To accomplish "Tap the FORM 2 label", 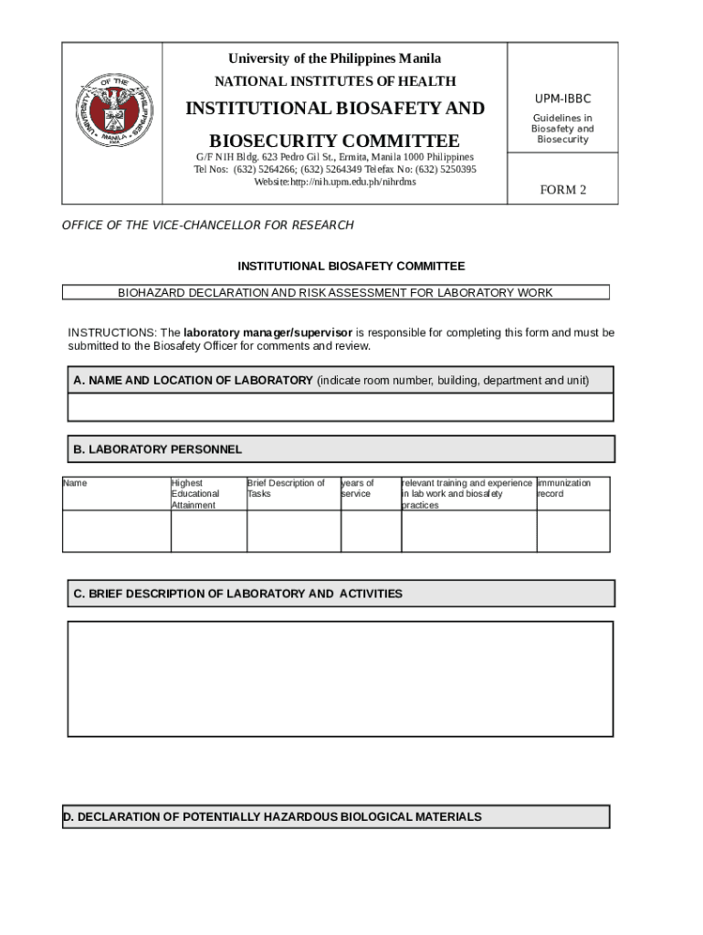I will click(563, 190).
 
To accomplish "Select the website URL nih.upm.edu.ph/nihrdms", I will click(334, 182).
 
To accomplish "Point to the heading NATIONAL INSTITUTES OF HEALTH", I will click(335, 81).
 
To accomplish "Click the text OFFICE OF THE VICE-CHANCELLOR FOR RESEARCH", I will click(207, 226).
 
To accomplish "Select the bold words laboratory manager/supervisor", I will click(268, 332).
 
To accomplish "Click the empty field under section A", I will click(340, 407).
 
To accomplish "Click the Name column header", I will click(75, 483).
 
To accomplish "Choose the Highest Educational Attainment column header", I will click(195, 494).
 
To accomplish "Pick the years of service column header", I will click(357, 489).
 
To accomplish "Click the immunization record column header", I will click(563, 489).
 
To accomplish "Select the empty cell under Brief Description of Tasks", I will click(293, 531).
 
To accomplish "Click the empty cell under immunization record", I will click(572, 531).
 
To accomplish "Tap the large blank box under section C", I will click(340, 678).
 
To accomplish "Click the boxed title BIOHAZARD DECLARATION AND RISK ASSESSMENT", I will click(335, 293).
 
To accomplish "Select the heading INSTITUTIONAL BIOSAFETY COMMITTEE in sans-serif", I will click(351, 267).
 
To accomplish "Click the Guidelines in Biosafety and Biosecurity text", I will click(562, 129).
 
